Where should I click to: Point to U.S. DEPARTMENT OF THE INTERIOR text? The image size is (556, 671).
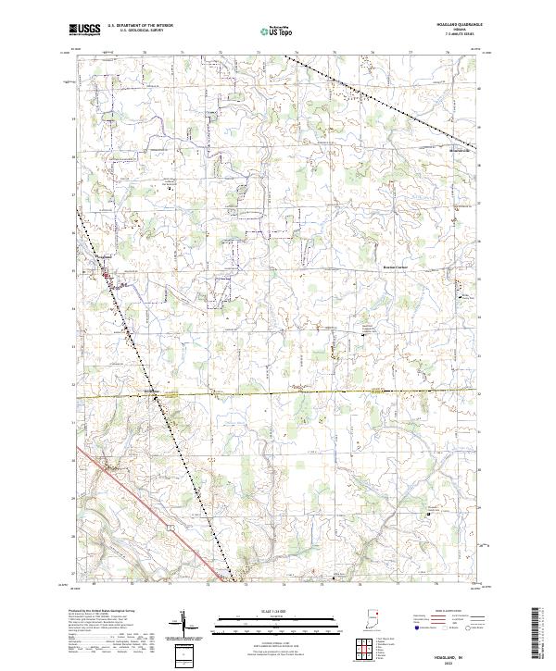point(140,26)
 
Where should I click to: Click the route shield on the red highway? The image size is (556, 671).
point(172,525)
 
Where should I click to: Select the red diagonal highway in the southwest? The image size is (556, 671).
point(130,491)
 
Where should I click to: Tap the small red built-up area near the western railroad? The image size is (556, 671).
point(107,274)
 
